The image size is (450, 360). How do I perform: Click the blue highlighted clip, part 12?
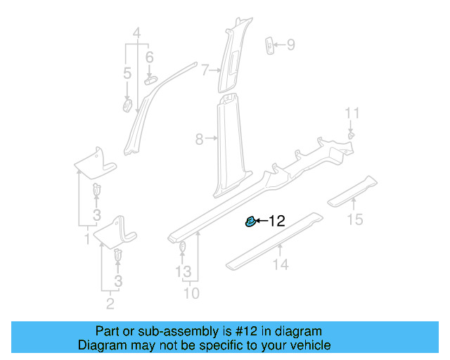(249, 221)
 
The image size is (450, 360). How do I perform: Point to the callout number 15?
(355, 220)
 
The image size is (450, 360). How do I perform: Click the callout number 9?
(290, 46)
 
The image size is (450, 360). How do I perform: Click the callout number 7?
(205, 70)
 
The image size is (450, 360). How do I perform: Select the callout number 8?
(199, 139)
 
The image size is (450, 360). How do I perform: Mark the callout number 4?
(137, 32)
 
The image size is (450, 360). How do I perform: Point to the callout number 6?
(149, 57)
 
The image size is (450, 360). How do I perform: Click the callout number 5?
(127, 73)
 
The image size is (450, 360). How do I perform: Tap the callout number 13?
(183, 271)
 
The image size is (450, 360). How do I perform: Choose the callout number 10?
(191, 292)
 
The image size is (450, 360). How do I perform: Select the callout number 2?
(110, 304)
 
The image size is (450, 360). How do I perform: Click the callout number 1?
(87, 240)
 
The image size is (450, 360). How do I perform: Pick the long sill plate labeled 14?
(274, 239)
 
